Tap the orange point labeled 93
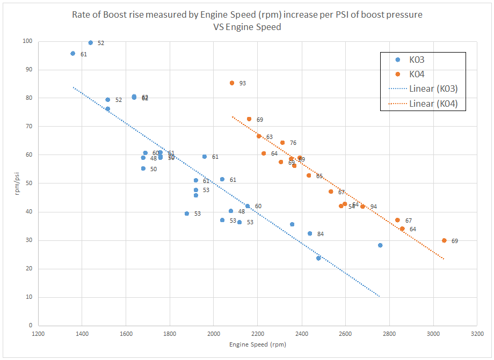pyautogui.click(x=232, y=83)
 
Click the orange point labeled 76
pyautogui.click(x=282, y=143)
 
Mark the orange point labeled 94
pyautogui.click(x=363, y=207)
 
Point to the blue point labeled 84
pyautogui.click(x=310, y=233)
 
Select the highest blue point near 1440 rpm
pyautogui.click(x=91, y=43)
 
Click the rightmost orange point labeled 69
pyautogui.click(x=444, y=240)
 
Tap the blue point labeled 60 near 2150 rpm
pyautogui.click(x=248, y=206)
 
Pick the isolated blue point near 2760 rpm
pyautogui.click(x=380, y=245)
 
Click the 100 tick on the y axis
pyautogui.click(x=27, y=41)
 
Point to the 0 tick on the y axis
pyautogui.click(x=30, y=326)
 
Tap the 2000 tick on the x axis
pyautogui.click(x=214, y=333)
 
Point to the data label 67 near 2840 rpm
pyautogui.click(x=409, y=221)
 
